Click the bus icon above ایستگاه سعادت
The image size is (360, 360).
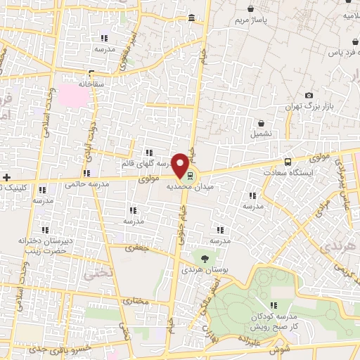[287, 161]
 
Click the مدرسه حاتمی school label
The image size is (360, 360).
[85, 184]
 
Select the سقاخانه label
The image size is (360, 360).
[92, 83]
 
